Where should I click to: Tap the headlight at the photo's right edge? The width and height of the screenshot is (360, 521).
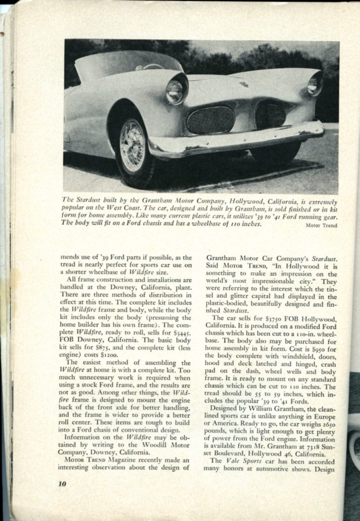[x=315, y=83]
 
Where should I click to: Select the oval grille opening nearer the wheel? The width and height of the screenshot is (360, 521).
[x=211, y=120]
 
